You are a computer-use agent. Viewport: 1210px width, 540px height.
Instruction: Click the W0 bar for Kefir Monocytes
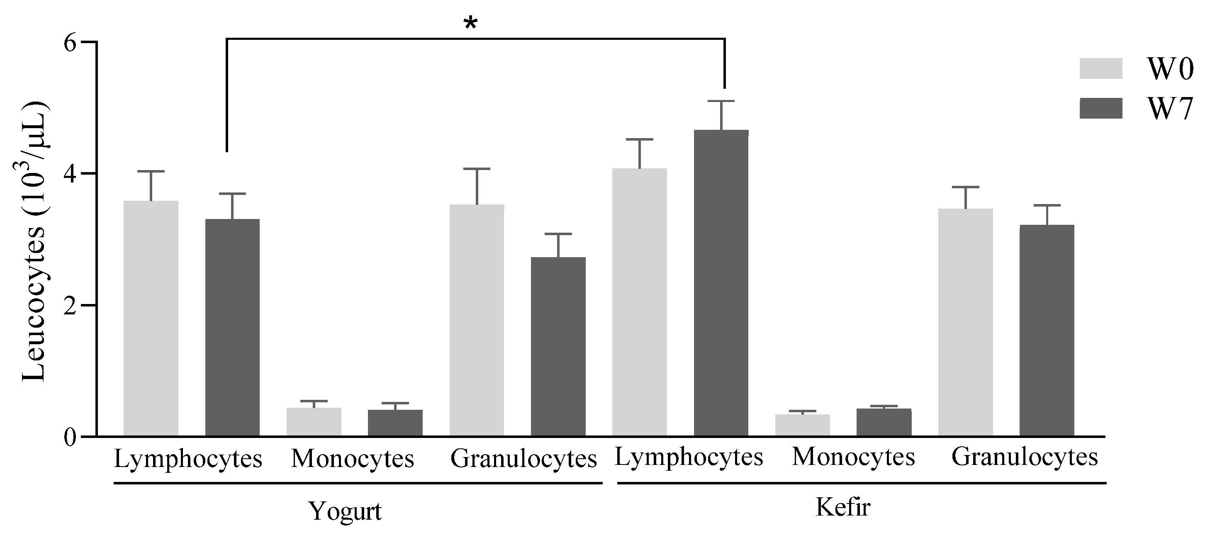pyautogui.click(x=802, y=425)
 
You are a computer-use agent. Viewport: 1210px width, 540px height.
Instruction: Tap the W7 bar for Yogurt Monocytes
pyautogui.click(x=395, y=423)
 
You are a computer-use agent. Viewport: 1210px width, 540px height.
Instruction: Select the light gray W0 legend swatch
pyautogui.click(x=1100, y=68)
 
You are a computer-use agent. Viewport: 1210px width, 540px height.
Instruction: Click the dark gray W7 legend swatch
pyautogui.click(x=1100, y=109)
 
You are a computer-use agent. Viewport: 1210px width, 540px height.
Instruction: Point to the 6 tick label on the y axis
pyautogui.click(x=70, y=43)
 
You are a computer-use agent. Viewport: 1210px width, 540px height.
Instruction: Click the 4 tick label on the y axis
pyautogui.click(x=70, y=174)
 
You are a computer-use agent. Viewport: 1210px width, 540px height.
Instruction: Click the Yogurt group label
pyautogui.click(x=345, y=511)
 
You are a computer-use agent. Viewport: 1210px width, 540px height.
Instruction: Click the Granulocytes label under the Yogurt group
pyautogui.click(x=523, y=459)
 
